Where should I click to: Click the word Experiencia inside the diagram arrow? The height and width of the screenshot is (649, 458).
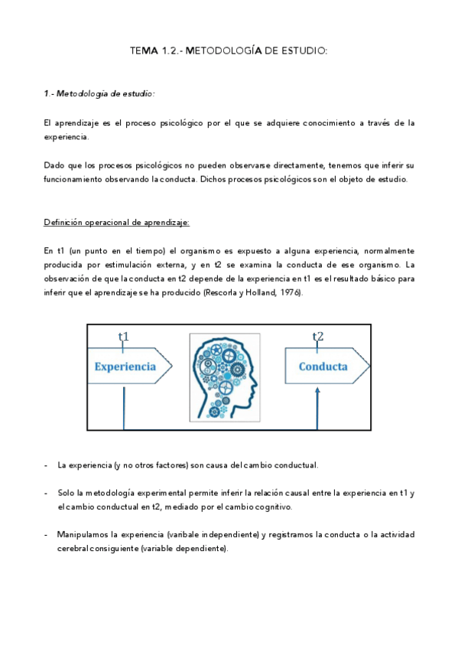(x=125, y=367)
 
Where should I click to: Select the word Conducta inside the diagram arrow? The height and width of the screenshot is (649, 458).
(x=323, y=367)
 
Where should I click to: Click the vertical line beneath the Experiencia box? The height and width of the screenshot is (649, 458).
(x=122, y=409)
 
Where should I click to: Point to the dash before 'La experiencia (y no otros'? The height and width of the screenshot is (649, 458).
(x=47, y=465)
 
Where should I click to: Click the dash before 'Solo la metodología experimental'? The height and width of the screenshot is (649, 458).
(x=47, y=492)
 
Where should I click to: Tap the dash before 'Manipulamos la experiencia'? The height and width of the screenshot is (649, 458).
(x=47, y=534)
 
